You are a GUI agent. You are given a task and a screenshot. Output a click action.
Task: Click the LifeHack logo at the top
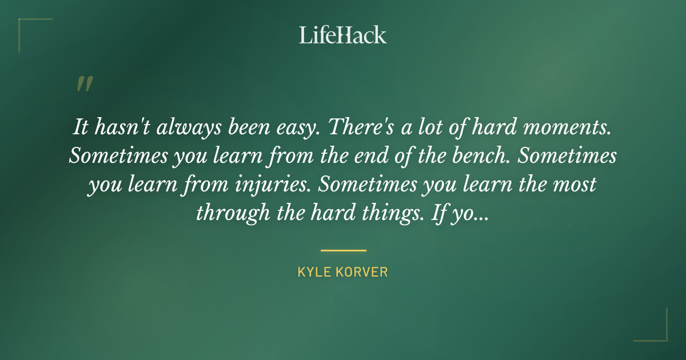(x=343, y=35)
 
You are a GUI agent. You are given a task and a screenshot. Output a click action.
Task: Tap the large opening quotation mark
(x=84, y=85)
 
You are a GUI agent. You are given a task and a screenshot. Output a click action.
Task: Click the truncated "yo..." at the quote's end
(x=469, y=213)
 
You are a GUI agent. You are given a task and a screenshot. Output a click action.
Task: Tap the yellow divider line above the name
(x=343, y=250)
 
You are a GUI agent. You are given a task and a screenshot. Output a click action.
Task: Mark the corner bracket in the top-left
(x=26, y=26)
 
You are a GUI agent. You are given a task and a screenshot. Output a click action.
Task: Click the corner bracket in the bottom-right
(x=660, y=334)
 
